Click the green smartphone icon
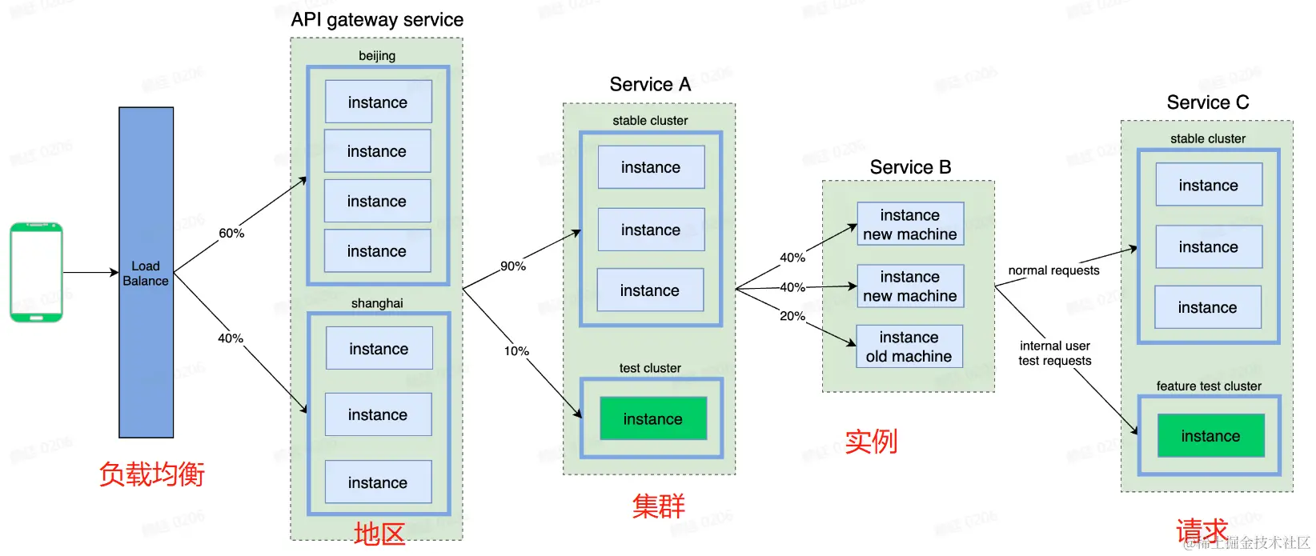coord(36,272)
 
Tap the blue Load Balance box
coord(146,273)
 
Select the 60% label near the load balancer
coord(231,233)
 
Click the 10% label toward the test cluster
coord(516,350)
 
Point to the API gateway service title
coord(377,20)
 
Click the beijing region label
coord(377,56)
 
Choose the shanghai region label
coord(377,303)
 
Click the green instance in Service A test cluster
coord(653,419)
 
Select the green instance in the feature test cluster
coord(1210,436)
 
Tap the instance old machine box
coord(909,346)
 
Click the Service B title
coord(910,167)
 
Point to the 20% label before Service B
coord(792,316)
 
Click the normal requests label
coord(1053,270)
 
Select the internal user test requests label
coord(1055,353)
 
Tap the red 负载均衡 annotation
coord(152,474)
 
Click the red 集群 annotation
coord(659,506)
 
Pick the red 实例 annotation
coord(872,441)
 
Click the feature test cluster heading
coord(1209,386)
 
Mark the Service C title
coord(1207,102)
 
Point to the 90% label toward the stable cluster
coord(513,266)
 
